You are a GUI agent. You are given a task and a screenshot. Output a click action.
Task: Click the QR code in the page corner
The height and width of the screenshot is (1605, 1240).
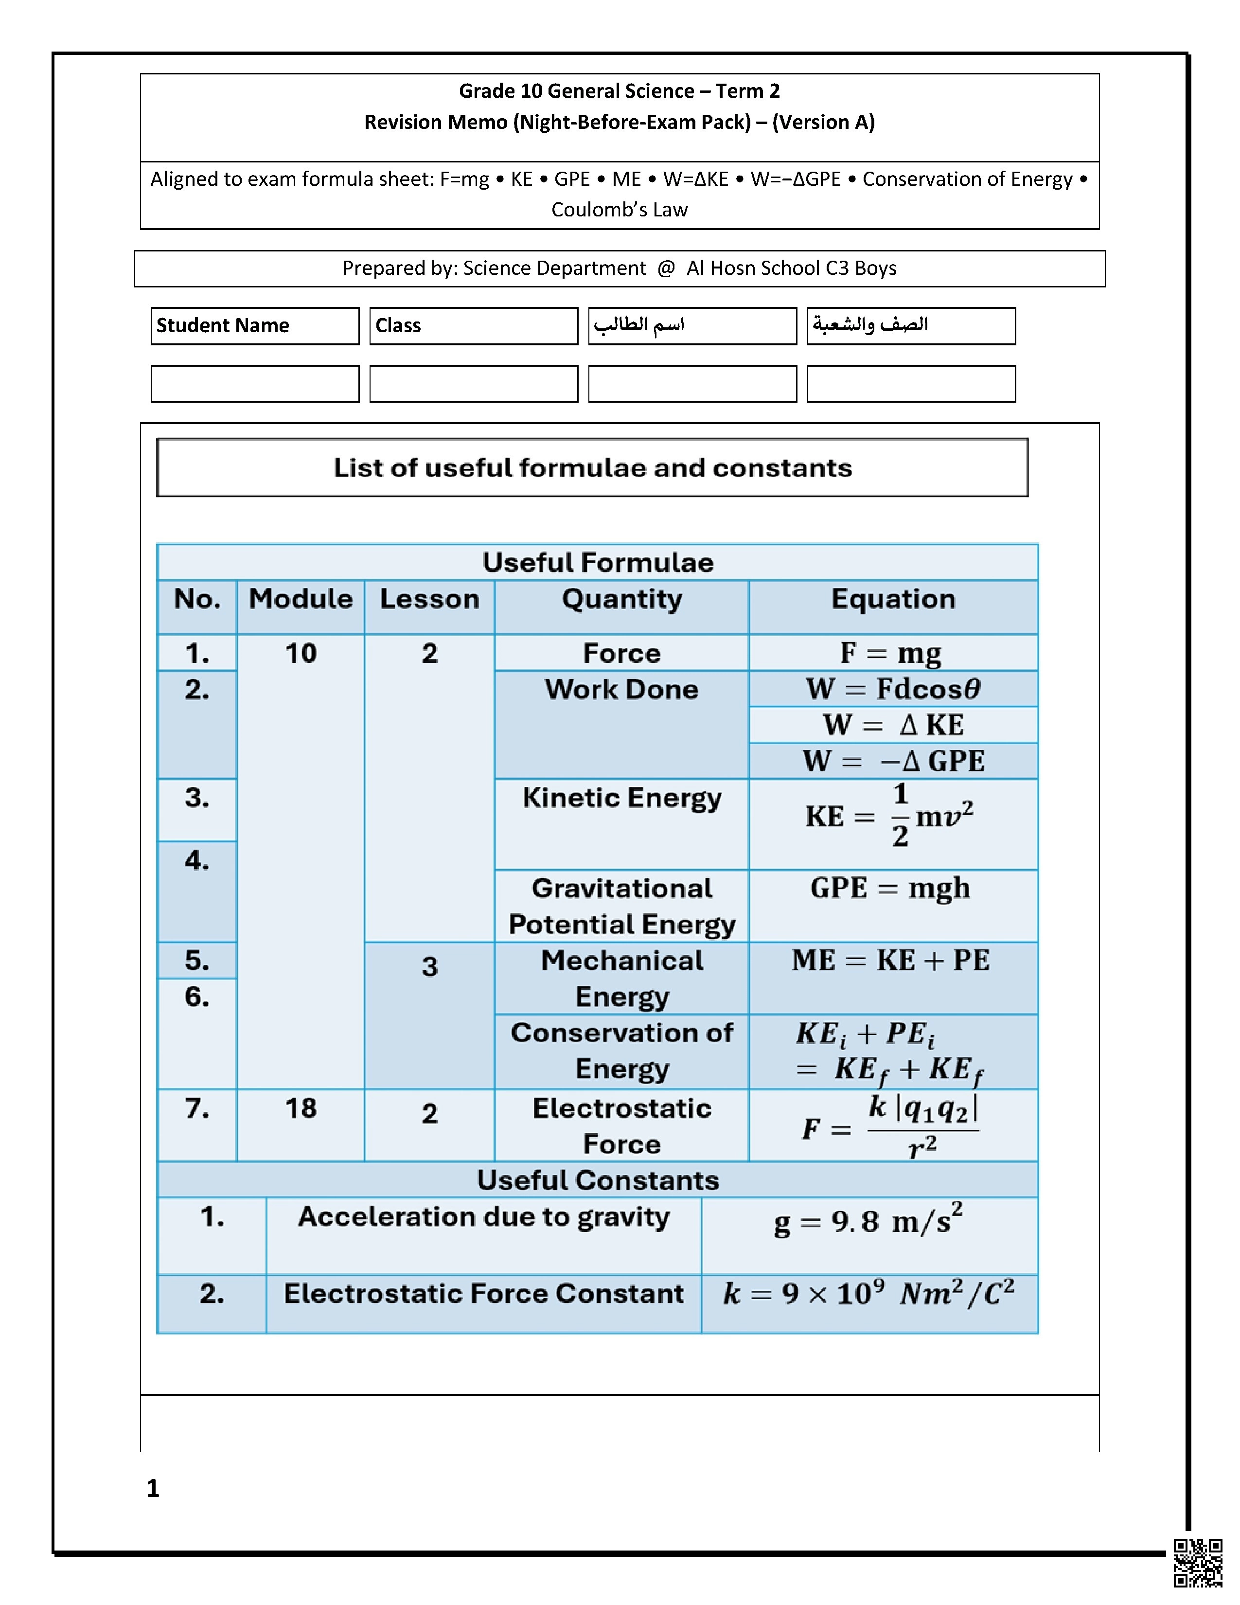pyautogui.click(x=1197, y=1562)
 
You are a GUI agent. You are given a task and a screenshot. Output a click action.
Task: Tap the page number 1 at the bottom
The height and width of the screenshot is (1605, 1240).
pyautogui.click(x=153, y=1488)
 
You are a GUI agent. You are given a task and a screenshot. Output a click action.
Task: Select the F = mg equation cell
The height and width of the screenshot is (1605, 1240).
pyautogui.click(x=892, y=653)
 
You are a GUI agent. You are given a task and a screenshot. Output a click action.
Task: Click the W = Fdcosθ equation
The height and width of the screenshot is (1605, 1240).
pyautogui.click(x=892, y=689)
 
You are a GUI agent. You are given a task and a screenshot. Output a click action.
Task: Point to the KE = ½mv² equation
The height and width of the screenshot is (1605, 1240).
pyautogui.click(x=889, y=816)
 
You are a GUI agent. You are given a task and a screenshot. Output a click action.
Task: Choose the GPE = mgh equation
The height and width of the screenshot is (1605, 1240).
pyautogui.click(x=890, y=888)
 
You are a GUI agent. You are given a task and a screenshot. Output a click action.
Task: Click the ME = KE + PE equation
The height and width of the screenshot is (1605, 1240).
pyautogui.click(x=890, y=960)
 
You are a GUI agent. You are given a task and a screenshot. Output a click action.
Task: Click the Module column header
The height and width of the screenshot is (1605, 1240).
pyautogui.click(x=301, y=599)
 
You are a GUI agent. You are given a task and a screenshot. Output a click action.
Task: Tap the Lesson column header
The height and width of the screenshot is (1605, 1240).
pyautogui.click(x=430, y=599)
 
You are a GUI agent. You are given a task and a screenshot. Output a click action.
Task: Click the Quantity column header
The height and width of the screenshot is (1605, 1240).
pyautogui.click(x=621, y=599)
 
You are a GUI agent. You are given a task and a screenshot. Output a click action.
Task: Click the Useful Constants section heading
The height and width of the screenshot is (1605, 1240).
pyautogui.click(x=597, y=1180)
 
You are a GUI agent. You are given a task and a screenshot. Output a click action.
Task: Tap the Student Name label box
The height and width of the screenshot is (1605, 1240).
pyautogui.click(x=255, y=325)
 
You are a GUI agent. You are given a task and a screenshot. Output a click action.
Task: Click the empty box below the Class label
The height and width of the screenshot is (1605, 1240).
pyautogui.click(x=473, y=384)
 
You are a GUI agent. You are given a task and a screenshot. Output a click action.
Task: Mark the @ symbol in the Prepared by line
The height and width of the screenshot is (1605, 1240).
pyautogui.click(x=666, y=268)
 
